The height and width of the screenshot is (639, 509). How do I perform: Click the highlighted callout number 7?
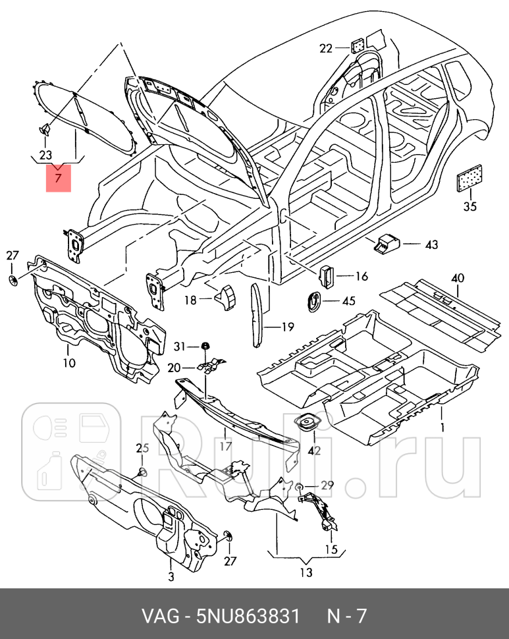(58, 178)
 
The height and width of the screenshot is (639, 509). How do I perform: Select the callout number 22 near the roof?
(327, 47)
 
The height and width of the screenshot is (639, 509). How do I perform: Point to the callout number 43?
(431, 245)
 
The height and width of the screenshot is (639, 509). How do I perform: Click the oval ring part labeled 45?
(317, 300)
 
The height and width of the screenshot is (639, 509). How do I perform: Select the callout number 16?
(362, 277)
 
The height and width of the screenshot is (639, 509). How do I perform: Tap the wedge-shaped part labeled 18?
(225, 296)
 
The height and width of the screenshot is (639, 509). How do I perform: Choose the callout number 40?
(458, 278)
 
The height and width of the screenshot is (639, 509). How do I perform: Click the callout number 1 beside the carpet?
(442, 428)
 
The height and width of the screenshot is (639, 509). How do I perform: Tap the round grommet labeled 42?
(307, 425)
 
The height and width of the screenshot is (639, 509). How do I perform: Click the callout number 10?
(69, 363)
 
